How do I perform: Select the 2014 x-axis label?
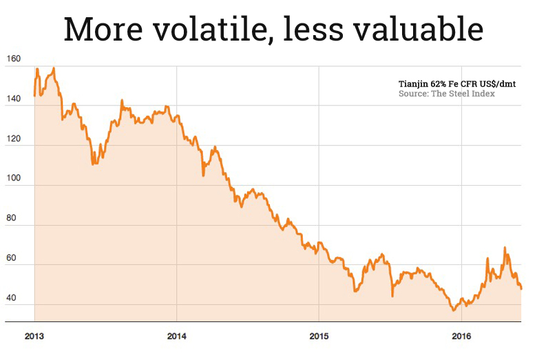click(176, 337)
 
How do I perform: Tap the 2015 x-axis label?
click(319, 337)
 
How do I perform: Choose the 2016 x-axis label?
click(461, 337)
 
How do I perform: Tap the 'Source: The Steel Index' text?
click(446, 94)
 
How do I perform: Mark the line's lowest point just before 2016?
click(453, 310)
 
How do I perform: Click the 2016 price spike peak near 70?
click(505, 248)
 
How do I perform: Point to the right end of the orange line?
click(521, 288)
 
